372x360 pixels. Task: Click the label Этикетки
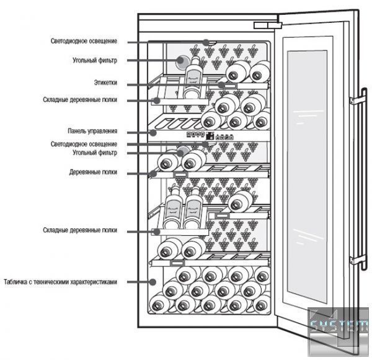pos(105,83)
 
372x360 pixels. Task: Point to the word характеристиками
pos(95,282)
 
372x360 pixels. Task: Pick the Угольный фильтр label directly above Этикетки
pos(95,61)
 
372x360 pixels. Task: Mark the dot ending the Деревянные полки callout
pos(153,173)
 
